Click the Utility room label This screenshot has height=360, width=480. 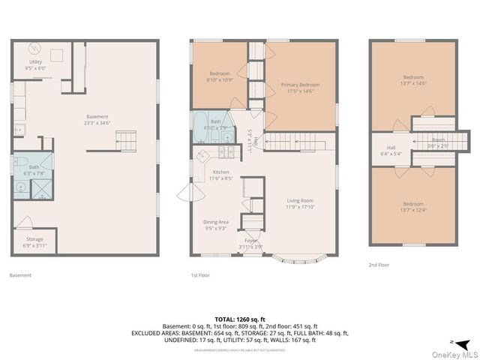click(36, 64)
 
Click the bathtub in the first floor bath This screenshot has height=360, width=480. click(201, 122)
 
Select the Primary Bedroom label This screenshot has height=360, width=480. click(301, 88)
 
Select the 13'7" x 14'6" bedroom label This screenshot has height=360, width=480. click(413, 80)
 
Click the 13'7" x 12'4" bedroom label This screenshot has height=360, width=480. click(413, 207)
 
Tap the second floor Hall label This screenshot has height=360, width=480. click(391, 151)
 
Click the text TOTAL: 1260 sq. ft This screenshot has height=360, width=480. click(240, 319)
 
